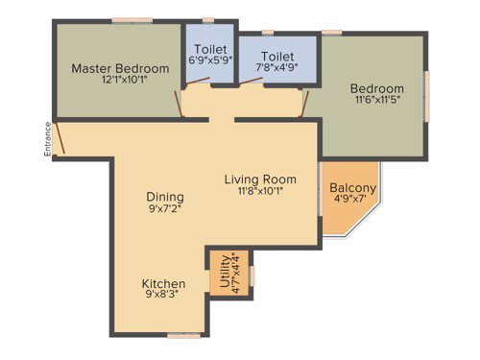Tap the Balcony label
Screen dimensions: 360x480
pos(352,188)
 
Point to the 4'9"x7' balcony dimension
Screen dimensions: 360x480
pos(352,201)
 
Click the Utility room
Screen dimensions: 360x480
pos(230,272)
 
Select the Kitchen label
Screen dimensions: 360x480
pos(164,284)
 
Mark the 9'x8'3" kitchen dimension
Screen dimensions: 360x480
pos(164,298)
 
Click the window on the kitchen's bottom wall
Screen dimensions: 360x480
pos(183,335)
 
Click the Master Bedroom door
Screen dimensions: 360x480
pos(176,104)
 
